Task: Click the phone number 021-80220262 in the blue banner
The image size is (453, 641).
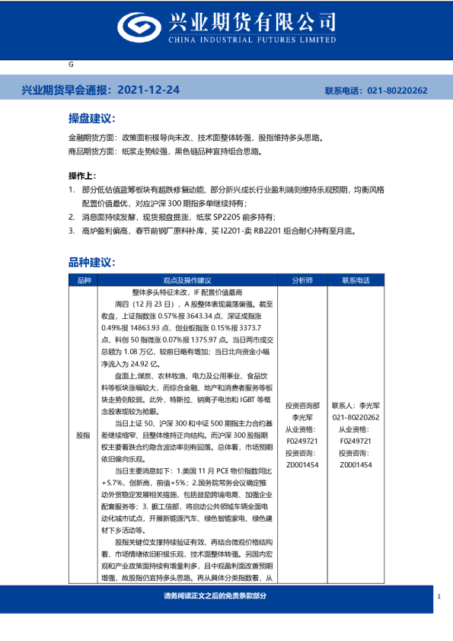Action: point(397,91)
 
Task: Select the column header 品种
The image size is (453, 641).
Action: point(82,280)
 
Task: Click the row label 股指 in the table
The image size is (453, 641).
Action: point(82,435)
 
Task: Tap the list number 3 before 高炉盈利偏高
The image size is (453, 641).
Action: point(71,230)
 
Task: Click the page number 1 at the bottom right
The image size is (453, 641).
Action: point(439,597)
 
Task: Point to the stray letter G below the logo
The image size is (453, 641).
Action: point(71,65)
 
